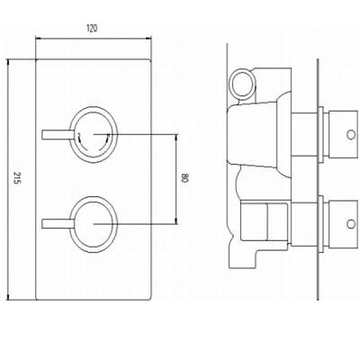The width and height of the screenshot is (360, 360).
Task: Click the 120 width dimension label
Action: coord(92,29)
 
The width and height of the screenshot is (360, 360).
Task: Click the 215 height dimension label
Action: coord(17,179)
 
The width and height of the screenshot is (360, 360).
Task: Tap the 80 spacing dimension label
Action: coord(184,179)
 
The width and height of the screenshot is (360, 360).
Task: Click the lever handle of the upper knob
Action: coord(58,134)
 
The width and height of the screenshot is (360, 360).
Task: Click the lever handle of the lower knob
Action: coord(58,224)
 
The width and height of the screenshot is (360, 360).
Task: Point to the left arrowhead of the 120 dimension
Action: coord(38,38)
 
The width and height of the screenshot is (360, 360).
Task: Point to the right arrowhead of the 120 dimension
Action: coord(148,38)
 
